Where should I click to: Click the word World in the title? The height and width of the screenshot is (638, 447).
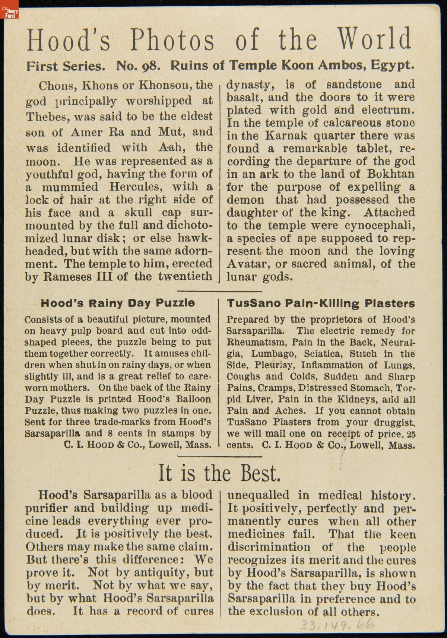tap(374, 39)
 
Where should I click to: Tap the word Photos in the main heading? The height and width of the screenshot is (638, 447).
tap(172, 39)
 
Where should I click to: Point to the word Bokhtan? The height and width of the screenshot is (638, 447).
tap(391, 174)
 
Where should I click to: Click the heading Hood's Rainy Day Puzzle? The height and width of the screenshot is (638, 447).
tap(117, 303)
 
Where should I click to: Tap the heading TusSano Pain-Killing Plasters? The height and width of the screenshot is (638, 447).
tap(320, 303)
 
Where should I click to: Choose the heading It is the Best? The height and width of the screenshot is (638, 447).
tap(219, 473)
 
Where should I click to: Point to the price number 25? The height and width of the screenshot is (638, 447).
tap(411, 434)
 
